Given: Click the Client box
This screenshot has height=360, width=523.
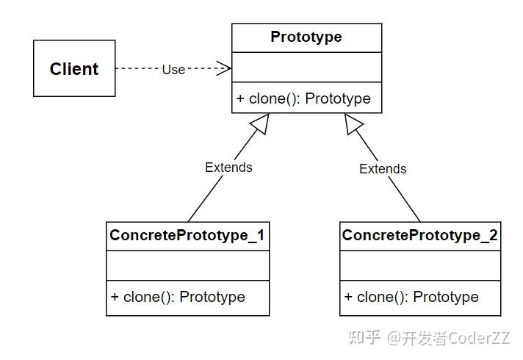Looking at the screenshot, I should tap(74, 68).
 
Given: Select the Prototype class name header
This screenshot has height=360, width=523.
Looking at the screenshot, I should tap(306, 37).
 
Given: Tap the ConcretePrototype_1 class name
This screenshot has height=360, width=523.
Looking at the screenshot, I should tap(187, 236).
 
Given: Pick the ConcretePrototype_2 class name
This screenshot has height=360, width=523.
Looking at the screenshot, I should tap(419, 236).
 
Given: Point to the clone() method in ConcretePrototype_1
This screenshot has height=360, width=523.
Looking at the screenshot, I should tap(178, 298).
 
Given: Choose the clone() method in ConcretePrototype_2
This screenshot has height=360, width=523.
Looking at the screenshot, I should tap(411, 298).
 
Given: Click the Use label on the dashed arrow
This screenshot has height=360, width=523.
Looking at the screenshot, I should tap(173, 70).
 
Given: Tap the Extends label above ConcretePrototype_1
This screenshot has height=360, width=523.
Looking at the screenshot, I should tap(228, 168).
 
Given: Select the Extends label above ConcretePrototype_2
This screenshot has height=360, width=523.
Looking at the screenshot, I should tap(382, 169).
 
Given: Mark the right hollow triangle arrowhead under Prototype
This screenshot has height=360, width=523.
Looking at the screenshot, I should tap(354, 125).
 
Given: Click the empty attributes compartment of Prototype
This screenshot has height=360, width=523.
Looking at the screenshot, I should tap(306, 67).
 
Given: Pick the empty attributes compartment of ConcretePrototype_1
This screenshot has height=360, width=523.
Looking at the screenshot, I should tap(187, 265).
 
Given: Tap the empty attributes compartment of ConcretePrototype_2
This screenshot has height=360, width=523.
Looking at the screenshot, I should tap(419, 265).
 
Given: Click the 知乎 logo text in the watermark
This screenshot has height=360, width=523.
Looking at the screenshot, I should tap(365, 338).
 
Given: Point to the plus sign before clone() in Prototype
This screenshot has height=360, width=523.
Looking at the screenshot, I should tap(240, 98).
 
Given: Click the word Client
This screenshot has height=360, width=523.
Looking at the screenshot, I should tap(74, 69).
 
